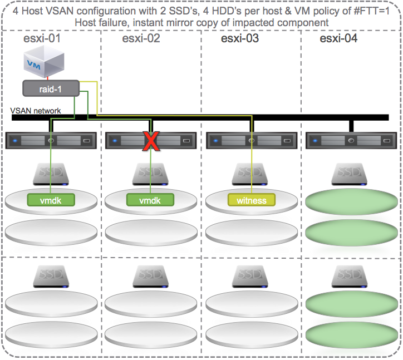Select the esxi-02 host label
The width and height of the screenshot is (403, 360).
pos(141,39)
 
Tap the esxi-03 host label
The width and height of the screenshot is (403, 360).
pos(240,39)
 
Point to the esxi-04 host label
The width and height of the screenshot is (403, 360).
pos(339,39)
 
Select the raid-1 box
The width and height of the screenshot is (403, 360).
pos(50,87)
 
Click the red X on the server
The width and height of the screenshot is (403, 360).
pos(150,141)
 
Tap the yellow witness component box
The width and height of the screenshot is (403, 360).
pos(251,200)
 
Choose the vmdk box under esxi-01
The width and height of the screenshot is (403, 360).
pos(51,200)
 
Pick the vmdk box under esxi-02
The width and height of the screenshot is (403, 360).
pos(151,200)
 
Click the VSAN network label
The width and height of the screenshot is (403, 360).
pos(36,111)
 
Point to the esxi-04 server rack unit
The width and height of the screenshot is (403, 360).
pos(351,141)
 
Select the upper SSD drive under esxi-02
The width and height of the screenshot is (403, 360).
pos(151,174)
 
